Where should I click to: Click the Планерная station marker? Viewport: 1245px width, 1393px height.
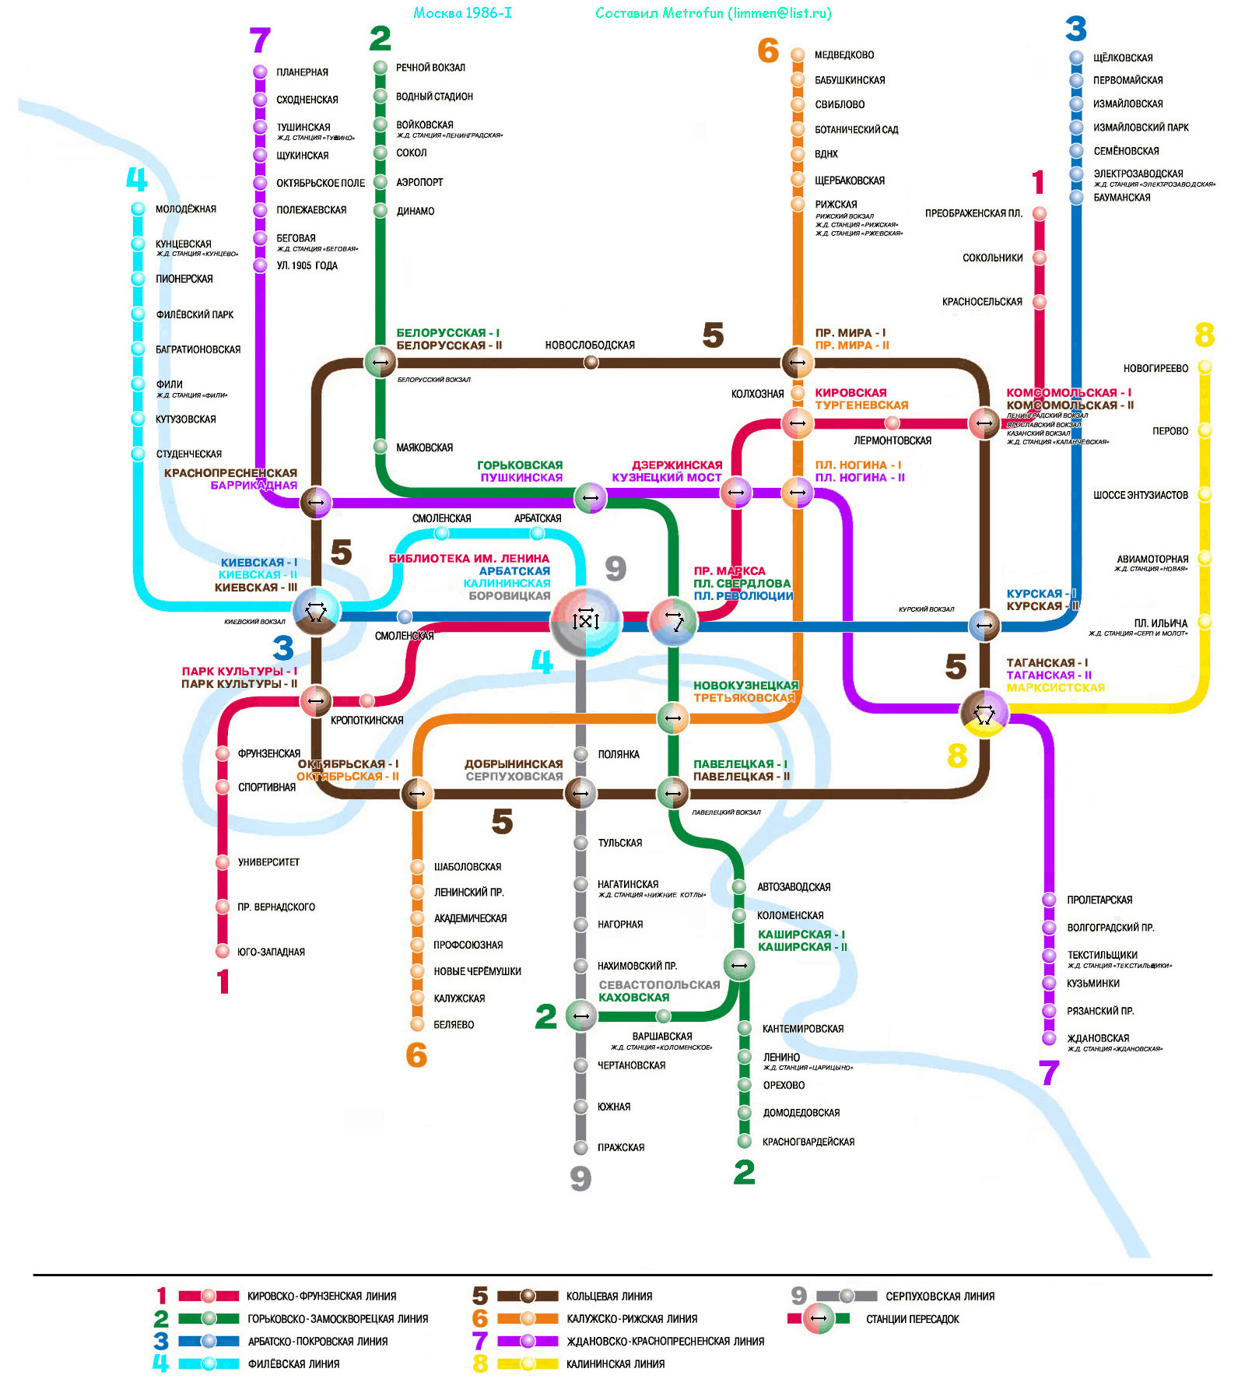pos(260,72)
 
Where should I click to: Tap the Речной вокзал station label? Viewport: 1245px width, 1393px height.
pos(430,68)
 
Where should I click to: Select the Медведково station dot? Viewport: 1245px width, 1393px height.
pos(798,54)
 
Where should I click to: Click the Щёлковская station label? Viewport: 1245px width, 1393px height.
pos(1123,58)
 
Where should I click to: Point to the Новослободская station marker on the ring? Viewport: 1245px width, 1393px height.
pos(591,362)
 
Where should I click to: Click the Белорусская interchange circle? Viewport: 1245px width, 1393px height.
pos(381,362)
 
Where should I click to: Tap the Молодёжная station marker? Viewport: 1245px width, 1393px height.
pos(138,209)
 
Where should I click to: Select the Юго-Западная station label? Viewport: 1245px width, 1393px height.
pos(271,952)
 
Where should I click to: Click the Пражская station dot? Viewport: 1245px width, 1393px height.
pos(580,1147)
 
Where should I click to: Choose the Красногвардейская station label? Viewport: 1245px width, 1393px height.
pos(808,1142)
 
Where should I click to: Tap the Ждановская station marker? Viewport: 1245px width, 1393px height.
pos(1049,1038)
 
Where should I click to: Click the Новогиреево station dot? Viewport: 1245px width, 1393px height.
pos(1205,367)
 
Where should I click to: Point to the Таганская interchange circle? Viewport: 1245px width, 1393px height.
pos(984,712)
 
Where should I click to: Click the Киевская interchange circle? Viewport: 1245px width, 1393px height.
pos(315,612)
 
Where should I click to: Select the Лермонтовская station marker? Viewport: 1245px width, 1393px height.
pos(893,423)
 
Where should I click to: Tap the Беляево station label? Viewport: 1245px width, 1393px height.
pos(454,1025)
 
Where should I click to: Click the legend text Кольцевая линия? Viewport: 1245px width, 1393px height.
pos(609,1297)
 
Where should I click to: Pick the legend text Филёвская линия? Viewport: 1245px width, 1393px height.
pos(293,1364)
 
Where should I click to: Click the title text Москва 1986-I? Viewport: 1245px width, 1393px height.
pos(462,13)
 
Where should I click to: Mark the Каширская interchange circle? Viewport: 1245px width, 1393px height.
pos(739,966)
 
